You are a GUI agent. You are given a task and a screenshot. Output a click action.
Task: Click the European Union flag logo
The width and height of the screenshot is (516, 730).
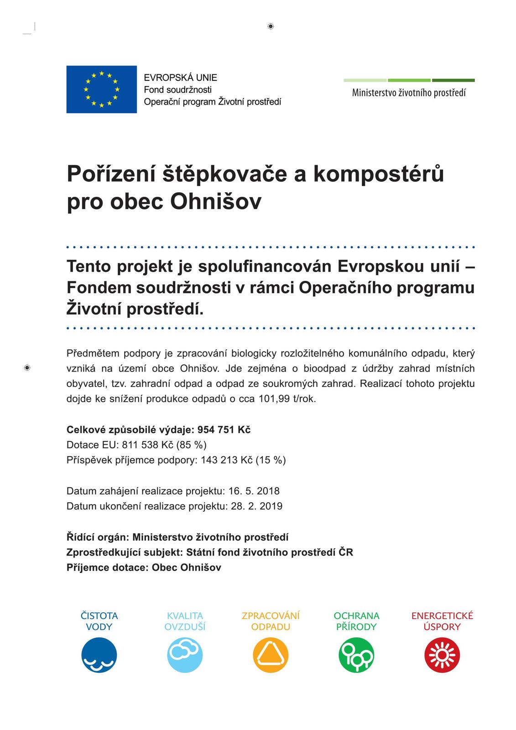pyautogui.click(x=101, y=89)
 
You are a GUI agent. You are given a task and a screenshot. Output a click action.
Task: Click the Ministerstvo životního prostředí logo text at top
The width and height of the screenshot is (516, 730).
pyautogui.click(x=409, y=93)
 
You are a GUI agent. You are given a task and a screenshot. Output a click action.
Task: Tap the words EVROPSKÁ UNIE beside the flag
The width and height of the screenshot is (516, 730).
pyautogui.click(x=180, y=78)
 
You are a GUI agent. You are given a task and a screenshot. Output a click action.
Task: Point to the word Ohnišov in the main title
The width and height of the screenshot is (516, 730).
pyautogui.click(x=216, y=202)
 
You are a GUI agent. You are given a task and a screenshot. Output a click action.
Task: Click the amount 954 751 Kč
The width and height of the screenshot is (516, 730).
pyautogui.click(x=224, y=430)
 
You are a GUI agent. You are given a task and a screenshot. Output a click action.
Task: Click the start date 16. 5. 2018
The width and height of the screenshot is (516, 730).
pyautogui.click(x=254, y=491)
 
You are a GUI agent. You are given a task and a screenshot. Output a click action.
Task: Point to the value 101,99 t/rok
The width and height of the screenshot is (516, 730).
pyautogui.click(x=287, y=399)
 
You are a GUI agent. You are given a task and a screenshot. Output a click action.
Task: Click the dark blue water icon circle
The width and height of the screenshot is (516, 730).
pyautogui.click(x=99, y=655)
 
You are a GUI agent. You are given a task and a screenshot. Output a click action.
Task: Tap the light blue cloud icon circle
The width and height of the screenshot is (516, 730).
pyautogui.click(x=185, y=655)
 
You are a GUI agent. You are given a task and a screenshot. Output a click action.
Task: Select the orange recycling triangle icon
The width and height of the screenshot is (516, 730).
pyautogui.click(x=271, y=655)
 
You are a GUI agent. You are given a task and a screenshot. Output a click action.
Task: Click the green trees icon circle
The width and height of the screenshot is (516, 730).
pyautogui.click(x=356, y=655)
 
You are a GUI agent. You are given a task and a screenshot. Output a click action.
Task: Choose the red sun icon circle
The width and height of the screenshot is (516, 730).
pyautogui.click(x=442, y=655)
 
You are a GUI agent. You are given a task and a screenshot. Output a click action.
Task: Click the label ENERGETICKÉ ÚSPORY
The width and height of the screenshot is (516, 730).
pyautogui.click(x=442, y=621)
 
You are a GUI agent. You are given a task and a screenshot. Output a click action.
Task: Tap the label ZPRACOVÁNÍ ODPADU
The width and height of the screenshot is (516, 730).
pyautogui.click(x=271, y=621)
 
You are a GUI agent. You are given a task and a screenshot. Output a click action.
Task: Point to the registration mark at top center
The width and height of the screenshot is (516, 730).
pyautogui.click(x=271, y=26)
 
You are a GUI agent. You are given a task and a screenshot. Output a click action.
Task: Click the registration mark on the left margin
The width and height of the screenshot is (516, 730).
pyautogui.click(x=27, y=368)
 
